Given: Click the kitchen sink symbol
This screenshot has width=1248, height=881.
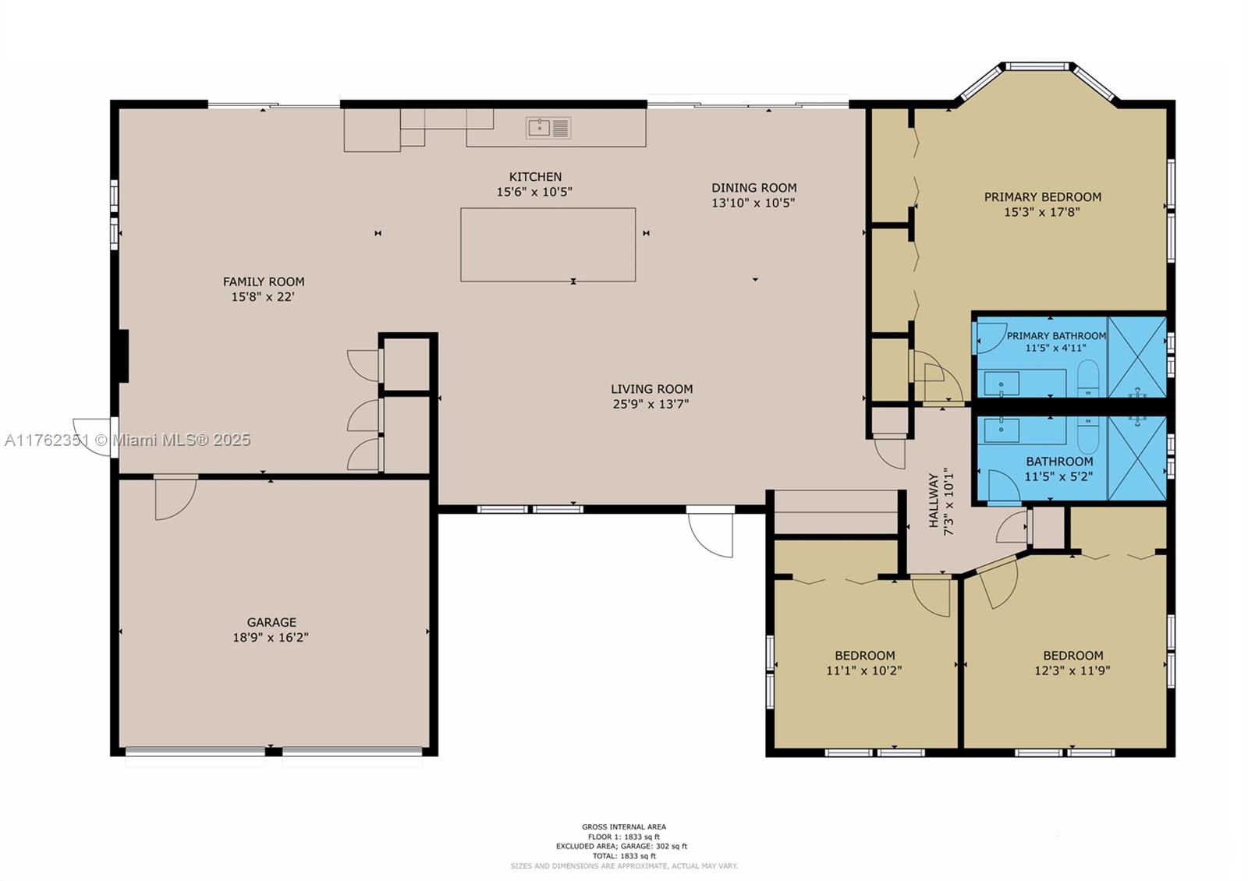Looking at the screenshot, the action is (548, 128).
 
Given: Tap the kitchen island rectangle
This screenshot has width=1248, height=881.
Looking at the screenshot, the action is (548, 245).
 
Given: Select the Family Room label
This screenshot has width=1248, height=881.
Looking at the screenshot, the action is (264, 281).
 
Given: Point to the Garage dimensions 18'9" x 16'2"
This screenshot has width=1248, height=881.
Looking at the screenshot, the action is (271, 637).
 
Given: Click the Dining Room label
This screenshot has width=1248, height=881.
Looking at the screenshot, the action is (753, 188).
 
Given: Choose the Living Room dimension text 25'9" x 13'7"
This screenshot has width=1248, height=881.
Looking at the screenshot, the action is (651, 404).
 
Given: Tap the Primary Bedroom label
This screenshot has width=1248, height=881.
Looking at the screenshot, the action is (1042, 197).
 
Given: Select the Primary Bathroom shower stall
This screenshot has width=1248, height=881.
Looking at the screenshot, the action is (1136, 357).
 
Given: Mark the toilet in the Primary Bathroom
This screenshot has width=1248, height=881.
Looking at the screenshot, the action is (1087, 379).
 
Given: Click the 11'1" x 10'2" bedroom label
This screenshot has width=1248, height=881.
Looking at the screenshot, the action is (864, 663).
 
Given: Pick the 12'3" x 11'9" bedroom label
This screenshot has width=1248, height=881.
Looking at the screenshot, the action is (1072, 663).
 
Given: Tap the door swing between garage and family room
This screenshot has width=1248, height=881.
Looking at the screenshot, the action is (175, 498).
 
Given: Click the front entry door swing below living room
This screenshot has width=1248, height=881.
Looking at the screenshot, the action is (711, 534).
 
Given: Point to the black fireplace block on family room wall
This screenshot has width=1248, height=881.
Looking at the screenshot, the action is (123, 356).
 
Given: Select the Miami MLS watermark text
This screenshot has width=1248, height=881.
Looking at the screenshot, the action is (128, 440).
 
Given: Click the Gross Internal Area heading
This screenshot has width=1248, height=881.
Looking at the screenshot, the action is (624, 827).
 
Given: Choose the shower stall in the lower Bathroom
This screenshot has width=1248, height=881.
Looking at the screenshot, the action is (1136, 458).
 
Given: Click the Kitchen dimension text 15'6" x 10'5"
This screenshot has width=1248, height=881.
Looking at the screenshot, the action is (534, 192).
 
